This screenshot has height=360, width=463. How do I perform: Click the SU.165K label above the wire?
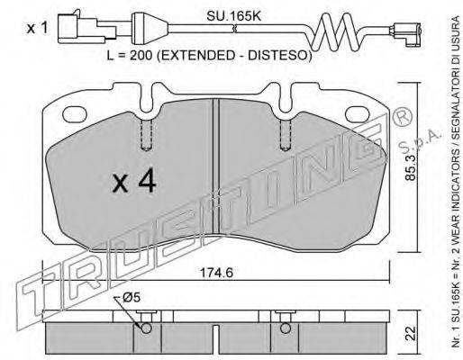click(233, 16)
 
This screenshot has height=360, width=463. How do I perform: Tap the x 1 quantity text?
click(37, 29)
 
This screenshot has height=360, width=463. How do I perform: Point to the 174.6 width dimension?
click(216, 273)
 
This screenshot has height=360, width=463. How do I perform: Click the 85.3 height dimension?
click(410, 166)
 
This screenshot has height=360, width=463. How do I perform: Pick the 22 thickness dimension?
click(411, 333)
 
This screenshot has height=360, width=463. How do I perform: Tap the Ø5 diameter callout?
click(132, 298)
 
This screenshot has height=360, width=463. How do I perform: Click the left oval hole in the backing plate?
click(75, 115)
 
